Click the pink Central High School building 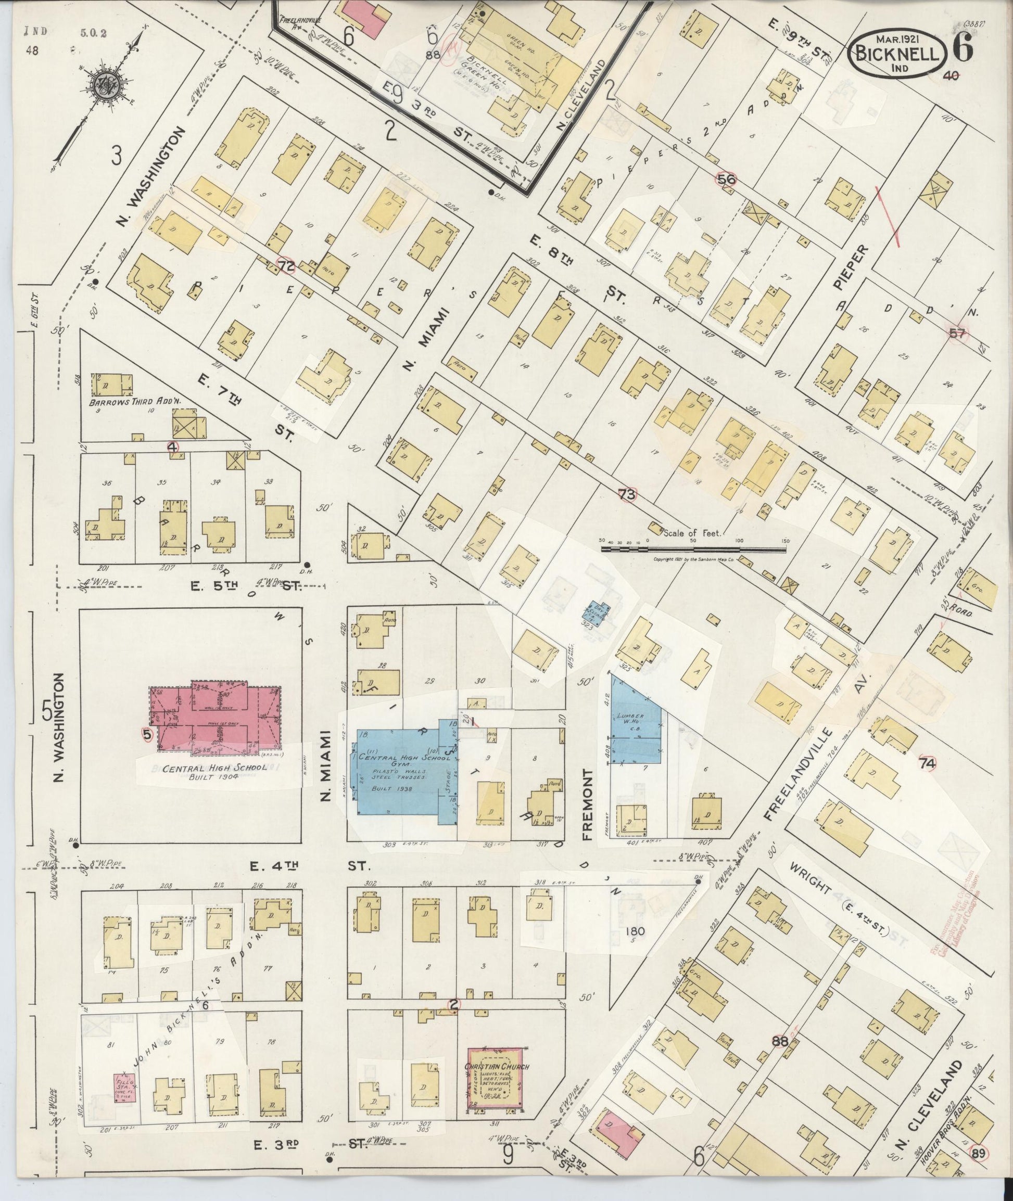(x=216, y=718)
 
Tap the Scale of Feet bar (x=694, y=549)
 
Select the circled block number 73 (x=627, y=494)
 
